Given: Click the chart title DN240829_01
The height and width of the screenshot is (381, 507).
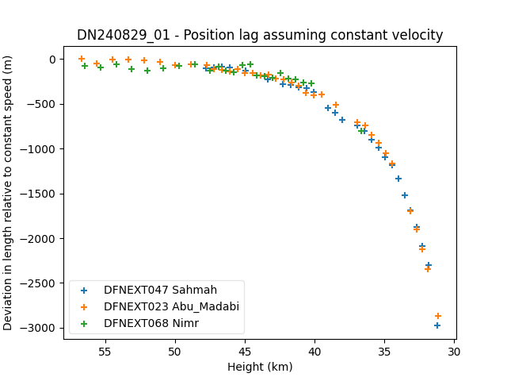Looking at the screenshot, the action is click(x=124, y=35).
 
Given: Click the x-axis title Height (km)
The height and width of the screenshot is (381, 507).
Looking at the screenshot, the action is click(x=260, y=367).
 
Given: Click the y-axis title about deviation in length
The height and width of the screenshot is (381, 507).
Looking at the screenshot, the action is click(x=7, y=193).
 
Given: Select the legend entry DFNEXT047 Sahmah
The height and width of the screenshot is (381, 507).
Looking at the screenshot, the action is click(x=160, y=290).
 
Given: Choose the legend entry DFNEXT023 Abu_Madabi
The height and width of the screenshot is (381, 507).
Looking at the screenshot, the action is click(x=171, y=307).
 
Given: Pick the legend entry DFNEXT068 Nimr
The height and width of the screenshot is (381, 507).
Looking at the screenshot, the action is click(x=151, y=323).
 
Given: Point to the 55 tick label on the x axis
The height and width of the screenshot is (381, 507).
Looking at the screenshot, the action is click(x=105, y=352).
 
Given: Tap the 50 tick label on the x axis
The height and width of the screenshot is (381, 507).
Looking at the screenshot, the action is click(x=175, y=352).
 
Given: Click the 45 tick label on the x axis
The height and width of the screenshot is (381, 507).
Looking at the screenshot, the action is click(x=245, y=352).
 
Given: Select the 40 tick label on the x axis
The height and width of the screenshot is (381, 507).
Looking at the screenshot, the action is click(x=314, y=352).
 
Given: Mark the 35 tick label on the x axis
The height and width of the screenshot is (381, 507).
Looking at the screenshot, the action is click(x=384, y=352).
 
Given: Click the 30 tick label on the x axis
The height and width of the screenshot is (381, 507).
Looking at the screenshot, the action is click(x=454, y=352).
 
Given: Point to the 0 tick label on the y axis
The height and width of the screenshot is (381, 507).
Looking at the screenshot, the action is click(x=52, y=60).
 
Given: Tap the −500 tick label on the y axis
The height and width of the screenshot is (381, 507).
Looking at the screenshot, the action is click(x=41, y=104).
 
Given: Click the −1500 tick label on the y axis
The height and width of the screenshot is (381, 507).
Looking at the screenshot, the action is click(x=38, y=194).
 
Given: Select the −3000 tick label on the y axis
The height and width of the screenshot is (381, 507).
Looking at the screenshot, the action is click(x=38, y=328).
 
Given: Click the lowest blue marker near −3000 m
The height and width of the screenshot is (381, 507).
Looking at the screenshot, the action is click(x=437, y=325).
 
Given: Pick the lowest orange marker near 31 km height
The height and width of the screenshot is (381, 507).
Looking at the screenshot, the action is click(x=438, y=316).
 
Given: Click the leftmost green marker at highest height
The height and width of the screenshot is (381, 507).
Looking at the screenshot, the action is click(x=85, y=66).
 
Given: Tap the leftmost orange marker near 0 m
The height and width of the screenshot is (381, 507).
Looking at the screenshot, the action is click(x=82, y=59).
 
